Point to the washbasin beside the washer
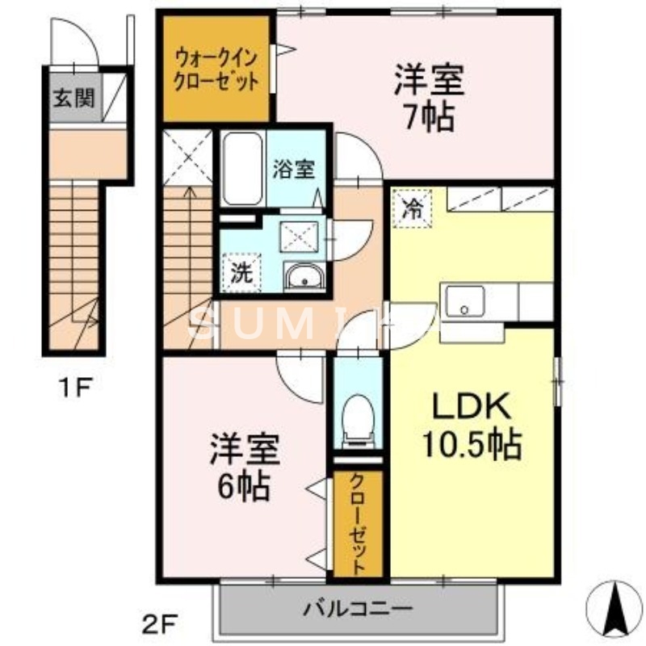pyautogui.click(x=304, y=276)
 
